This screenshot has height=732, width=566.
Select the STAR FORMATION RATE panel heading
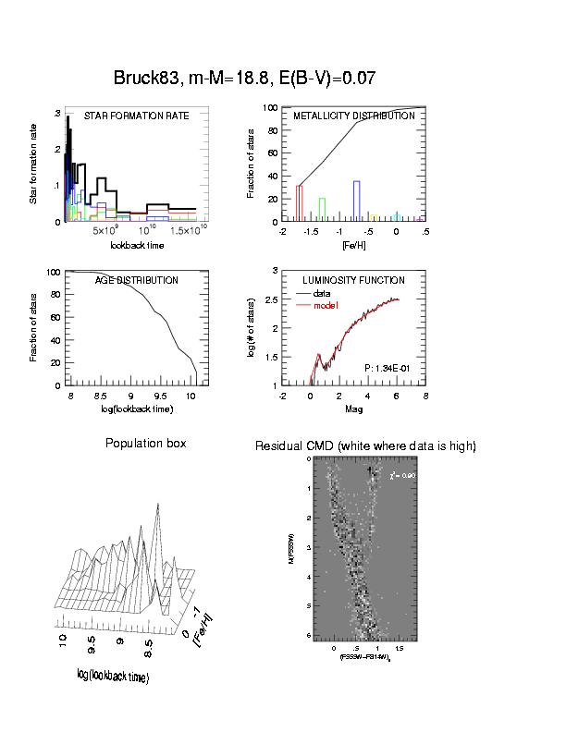(x=137, y=116)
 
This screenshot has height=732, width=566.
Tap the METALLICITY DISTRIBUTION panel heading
(x=354, y=116)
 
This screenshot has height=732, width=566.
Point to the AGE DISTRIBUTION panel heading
(x=137, y=280)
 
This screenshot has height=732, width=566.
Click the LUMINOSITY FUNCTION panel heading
(x=354, y=280)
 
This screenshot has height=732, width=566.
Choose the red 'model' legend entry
(x=326, y=305)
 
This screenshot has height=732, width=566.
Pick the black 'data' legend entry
(x=324, y=293)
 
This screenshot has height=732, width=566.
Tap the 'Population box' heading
(x=145, y=444)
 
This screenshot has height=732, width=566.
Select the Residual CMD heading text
(x=365, y=446)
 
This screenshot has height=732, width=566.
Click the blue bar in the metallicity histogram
(x=357, y=201)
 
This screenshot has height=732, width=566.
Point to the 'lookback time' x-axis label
(x=138, y=245)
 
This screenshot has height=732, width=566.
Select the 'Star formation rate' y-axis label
(x=34, y=167)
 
